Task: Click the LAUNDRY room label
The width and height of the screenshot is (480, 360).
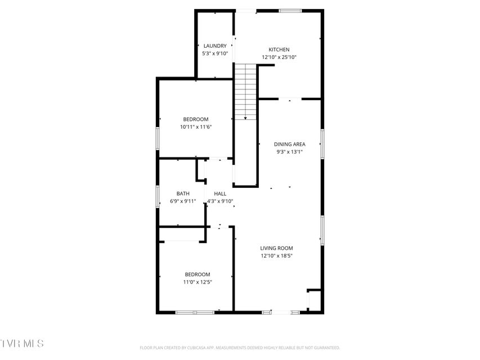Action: pyautogui.click(x=215, y=46)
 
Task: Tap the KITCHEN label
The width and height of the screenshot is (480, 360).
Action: pyautogui.click(x=279, y=49)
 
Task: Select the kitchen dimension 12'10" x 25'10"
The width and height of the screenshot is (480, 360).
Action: pyautogui.click(x=279, y=57)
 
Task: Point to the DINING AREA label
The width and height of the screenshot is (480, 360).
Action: pyautogui.click(x=290, y=144)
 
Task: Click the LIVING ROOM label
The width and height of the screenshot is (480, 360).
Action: pyautogui.click(x=276, y=248)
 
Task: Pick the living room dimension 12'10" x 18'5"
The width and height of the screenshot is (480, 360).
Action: pyautogui.click(x=276, y=256)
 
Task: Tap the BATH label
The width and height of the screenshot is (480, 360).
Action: pyautogui.click(x=183, y=193)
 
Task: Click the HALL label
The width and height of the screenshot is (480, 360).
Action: pyautogui.click(x=220, y=193)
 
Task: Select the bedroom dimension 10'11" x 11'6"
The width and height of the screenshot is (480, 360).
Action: pyautogui.click(x=196, y=127)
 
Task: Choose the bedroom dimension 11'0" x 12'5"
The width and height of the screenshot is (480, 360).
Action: pyautogui.click(x=198, y=282)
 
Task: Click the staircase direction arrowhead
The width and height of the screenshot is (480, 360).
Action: pyautogui.click(x=245, y=118)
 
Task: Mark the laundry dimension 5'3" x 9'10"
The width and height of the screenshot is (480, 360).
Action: pyautogui.click(x=215, y=53)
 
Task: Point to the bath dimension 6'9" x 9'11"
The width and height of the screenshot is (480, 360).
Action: pyautogui.click(x=183, y=201)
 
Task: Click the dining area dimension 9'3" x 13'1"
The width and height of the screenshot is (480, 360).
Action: pyautogui.click(x=290, y=152)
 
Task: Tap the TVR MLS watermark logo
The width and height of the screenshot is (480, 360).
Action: pyautogui.click(x=22, y=343)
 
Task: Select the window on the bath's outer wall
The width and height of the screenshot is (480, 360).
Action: pyautogui.click(x=158, y=196)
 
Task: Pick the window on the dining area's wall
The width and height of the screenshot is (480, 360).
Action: pyautogui.click(x=322, y=144)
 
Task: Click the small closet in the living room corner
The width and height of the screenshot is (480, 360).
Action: pyautogui.click(x=315, y=300)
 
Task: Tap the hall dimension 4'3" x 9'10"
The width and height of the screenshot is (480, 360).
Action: pyautogui.click(x=220, y=201)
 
